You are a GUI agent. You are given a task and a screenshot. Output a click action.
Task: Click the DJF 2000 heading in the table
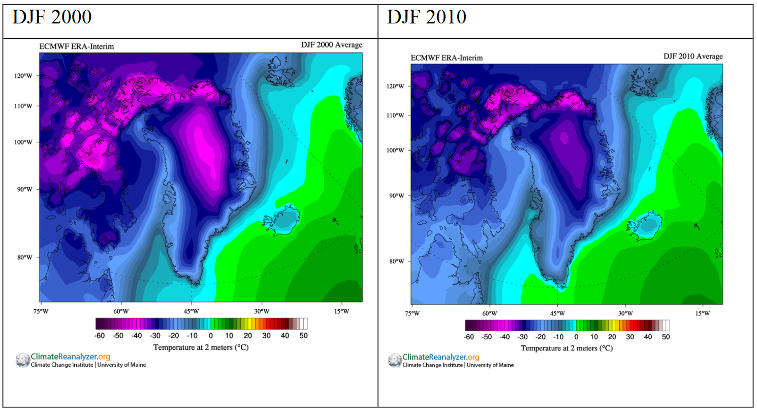(52, 17)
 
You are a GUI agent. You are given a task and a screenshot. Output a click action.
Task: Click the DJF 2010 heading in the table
(426, 17)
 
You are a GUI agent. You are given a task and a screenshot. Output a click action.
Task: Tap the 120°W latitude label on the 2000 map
(23, 76)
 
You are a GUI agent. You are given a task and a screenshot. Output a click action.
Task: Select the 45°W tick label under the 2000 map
(191, 311)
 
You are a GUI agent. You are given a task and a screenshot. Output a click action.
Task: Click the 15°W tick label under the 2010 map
(702, 313)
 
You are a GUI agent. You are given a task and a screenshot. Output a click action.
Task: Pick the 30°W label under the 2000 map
(262, 311)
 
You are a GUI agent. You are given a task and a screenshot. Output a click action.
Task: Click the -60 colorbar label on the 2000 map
(100, 336)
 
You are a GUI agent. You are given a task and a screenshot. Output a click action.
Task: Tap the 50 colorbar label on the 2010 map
(666, 337)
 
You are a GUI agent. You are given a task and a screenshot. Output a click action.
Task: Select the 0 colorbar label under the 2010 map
(576, 337)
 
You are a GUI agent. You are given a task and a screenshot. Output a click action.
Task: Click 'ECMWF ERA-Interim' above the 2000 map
(77, 46)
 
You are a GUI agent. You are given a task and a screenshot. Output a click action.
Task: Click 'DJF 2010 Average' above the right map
(693, 56)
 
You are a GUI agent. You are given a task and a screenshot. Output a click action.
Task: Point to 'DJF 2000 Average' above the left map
(332, 45)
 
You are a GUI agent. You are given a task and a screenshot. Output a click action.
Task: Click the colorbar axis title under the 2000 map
(201, 347)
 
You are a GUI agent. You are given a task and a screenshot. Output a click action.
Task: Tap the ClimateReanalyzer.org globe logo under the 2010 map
(395, 361)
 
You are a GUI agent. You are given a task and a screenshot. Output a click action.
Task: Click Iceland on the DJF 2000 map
(283, 220)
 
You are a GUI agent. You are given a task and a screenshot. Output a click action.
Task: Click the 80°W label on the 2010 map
(396, 261)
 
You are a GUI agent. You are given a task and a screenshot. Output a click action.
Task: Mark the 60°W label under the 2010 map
(490, 313)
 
